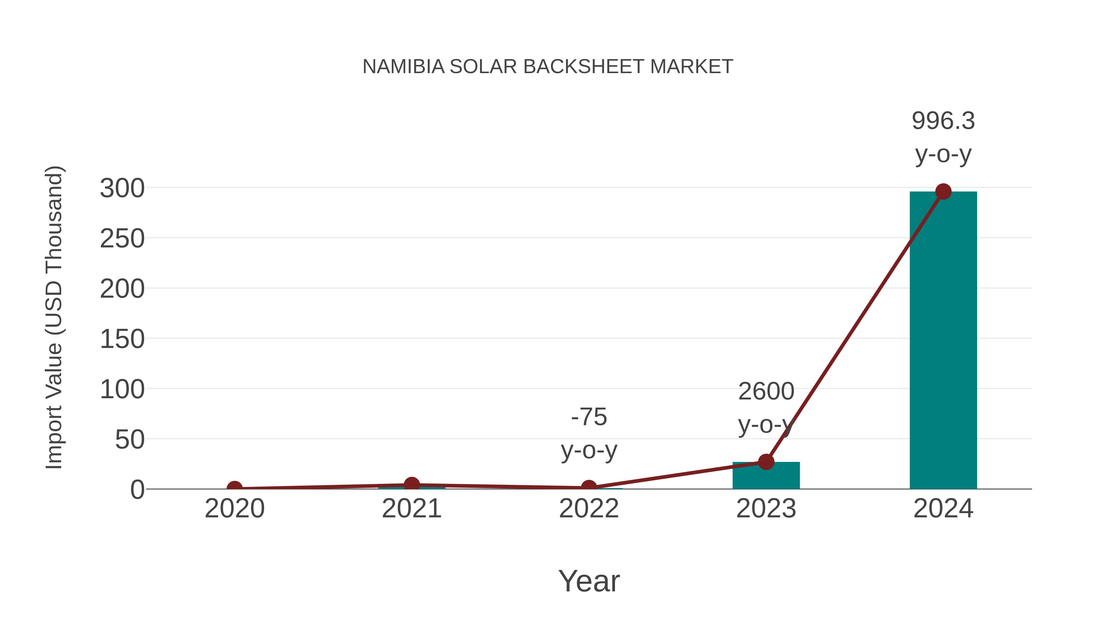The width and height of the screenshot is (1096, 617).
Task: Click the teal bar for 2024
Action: click(x=943, y=341)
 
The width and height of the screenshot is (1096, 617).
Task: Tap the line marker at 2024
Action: click(x=943, y=192)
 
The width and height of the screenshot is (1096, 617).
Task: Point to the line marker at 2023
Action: click(x=766, y=462)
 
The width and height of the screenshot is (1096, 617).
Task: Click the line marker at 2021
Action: click(x=411, y=484)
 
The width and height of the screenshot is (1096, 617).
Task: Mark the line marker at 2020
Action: click(x=234, y=488)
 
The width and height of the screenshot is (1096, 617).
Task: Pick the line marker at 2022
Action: click(x=589, y=488)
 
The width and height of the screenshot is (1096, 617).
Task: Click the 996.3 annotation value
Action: click(x=943, y=121)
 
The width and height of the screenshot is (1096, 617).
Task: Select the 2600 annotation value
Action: click(x=766, y=391)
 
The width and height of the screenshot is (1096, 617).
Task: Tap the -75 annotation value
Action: click(x=589, y=417)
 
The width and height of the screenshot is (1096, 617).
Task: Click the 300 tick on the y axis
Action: click(x=122, y=188)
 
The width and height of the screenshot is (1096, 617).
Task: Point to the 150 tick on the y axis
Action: click(x=122, y=339)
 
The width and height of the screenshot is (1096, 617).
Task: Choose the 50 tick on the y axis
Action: click(x=130, y=440)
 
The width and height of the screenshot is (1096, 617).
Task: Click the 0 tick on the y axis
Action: click(x=137, y=490)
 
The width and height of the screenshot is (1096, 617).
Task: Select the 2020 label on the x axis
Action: click(x=234, y=509)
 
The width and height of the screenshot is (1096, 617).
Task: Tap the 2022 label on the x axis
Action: click(x=589, y=509)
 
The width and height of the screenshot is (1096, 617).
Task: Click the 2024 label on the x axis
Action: click(x=943, y=509)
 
